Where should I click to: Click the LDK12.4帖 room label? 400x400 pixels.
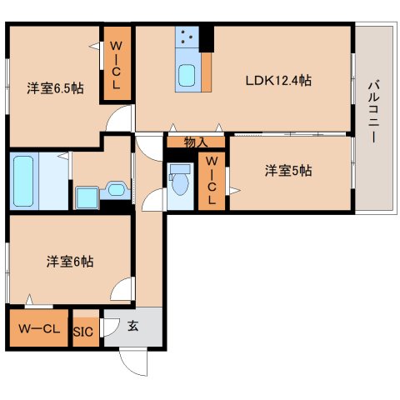point(278,81)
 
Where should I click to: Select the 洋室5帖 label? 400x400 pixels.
point(288,171)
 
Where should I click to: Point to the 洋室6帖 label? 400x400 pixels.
point(69,262)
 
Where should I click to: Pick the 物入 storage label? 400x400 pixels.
point(195,142)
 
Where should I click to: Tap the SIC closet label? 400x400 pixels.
point(84,331)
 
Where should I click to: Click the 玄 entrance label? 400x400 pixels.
point(132,327)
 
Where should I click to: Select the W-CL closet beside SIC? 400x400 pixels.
point(38,327)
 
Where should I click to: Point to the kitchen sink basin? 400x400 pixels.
point(187,76)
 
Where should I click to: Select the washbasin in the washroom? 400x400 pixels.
point(87,197)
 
